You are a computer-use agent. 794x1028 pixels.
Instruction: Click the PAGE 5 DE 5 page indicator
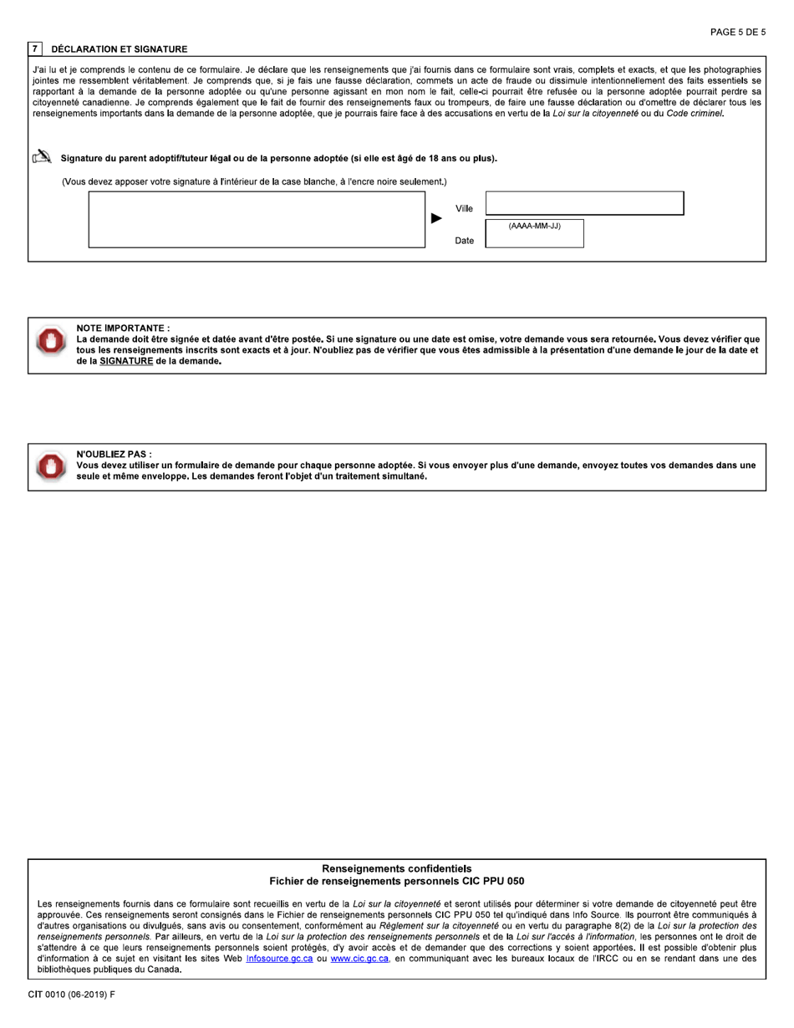point(737,33)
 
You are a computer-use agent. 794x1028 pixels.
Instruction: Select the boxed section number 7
point(34,49)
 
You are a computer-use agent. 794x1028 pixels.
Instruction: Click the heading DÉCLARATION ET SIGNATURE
point(120,49)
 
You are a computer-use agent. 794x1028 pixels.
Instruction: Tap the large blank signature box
point(257,220)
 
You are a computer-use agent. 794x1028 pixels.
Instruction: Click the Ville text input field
point(584,203)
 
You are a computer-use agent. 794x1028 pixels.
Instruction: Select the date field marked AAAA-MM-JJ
point(534,233)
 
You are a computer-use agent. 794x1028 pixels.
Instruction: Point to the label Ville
point(464,209)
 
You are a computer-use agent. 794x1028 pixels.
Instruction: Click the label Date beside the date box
point(464,241)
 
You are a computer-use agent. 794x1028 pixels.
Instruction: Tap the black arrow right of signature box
point(436,219)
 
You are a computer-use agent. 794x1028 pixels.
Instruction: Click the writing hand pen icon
point(42,157)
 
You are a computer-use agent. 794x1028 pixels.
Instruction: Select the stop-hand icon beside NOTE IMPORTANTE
point(51,340)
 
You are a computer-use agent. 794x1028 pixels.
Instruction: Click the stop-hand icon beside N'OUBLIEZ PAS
point(51,466)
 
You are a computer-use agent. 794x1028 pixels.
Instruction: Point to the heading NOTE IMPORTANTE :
point(123,328)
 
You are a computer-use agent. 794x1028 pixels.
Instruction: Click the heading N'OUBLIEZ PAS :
point(114,454)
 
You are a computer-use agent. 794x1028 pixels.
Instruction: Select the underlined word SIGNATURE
point(126,362)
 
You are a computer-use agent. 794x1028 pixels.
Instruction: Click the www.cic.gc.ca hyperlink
point(359,959)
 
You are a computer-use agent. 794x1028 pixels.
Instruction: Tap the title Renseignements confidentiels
point(397,869)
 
